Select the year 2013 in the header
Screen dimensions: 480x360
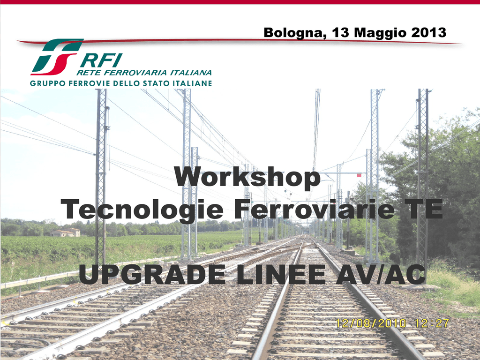point(429,32)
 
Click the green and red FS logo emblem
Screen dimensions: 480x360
point(57,57)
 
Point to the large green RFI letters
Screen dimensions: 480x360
point(101,60)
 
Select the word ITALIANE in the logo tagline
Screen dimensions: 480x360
point(192,83)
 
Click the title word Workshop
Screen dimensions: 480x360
point(247,177)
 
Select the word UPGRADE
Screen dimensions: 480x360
point(152,274)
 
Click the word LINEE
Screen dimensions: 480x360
point(281,274)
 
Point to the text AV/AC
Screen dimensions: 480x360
point(381,274)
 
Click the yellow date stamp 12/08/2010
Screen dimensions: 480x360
point(371,323)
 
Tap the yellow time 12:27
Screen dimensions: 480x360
point(432,323)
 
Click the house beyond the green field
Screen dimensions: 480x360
point(66,232)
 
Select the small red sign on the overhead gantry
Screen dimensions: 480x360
point(359,175)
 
